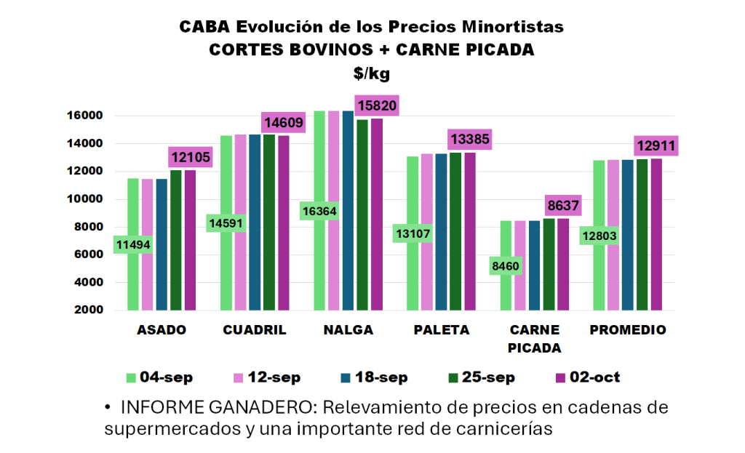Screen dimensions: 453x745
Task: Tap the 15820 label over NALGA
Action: (376, 106)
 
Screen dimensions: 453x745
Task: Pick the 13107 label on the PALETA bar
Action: (414, 234)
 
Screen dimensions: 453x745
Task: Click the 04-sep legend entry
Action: (159, 377)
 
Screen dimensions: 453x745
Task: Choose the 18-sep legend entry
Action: (374, 377)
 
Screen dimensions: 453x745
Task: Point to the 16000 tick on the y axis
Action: (87, 116)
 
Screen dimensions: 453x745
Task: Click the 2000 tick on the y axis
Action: (89, 310)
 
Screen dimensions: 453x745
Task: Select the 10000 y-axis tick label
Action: (87, 199)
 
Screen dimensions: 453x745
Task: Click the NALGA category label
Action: (348, 330)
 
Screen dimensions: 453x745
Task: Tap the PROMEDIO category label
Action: (627, 330)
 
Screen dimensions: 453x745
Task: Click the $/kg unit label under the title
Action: (372, 73)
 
